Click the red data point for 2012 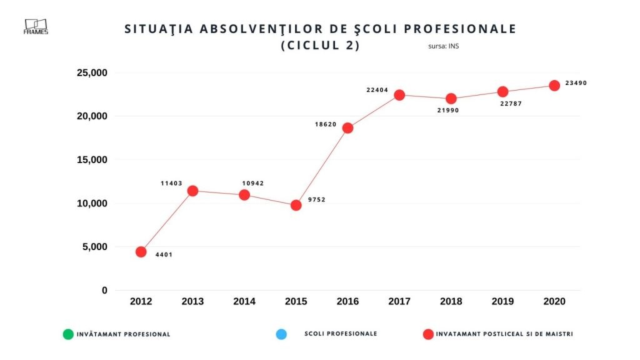(x=141, y=252)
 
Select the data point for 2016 (x=347, y=128)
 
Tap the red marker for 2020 (x=554, y=86)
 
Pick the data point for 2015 (x=296, y=205)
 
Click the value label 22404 (x=377, y=90)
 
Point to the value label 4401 (x=164, y=254)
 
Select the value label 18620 (x=326, y=124)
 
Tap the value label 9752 (x=317, y=200)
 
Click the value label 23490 (x=576, y=83)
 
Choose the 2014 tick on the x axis (x=244, y=301)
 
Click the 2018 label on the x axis (x=451, y=301)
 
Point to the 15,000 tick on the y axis (x=91, y=160)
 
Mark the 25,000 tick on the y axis (x=91, y=72)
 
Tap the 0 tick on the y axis (x=104, y=291)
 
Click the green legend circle (x=68, y=334)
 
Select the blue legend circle (x=281, y=334)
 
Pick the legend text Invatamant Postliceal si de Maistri (x=504, y=334)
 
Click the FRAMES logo (x=36, y=26)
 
